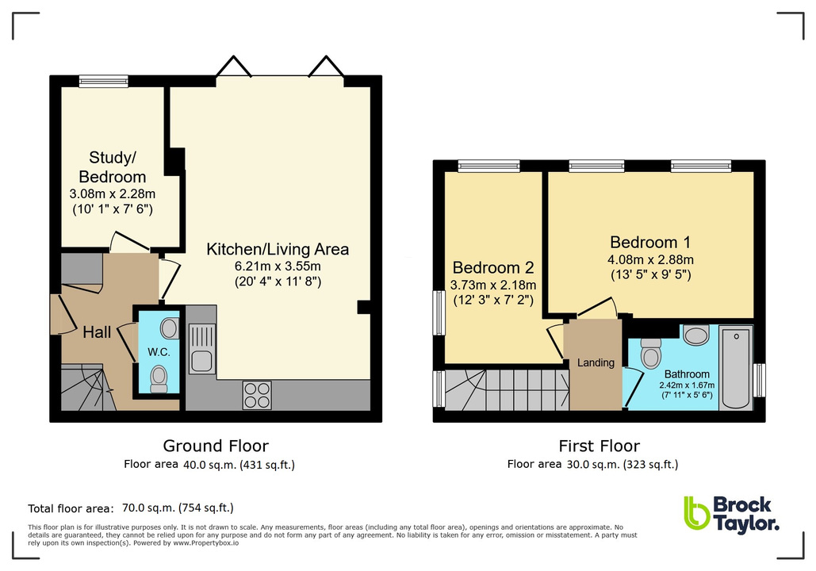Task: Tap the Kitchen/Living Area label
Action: [x=278, y=249]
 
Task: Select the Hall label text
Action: [x=97, y=333]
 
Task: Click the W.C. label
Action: [x=159, y=351]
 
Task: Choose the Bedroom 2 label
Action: [x=492, y=268]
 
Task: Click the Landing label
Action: [x=596, y=362]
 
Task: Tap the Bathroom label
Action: [x=687, y=374]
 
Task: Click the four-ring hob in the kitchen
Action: [x=258, y=394]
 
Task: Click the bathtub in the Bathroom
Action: [x=736, y=368]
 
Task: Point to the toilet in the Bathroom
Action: [x=651, y=352]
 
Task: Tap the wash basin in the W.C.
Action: [x=168, y=328]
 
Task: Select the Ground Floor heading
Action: [x=216, y=446]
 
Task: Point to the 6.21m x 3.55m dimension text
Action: [x=278, y=266]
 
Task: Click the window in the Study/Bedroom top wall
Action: [x=103, y=80]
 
